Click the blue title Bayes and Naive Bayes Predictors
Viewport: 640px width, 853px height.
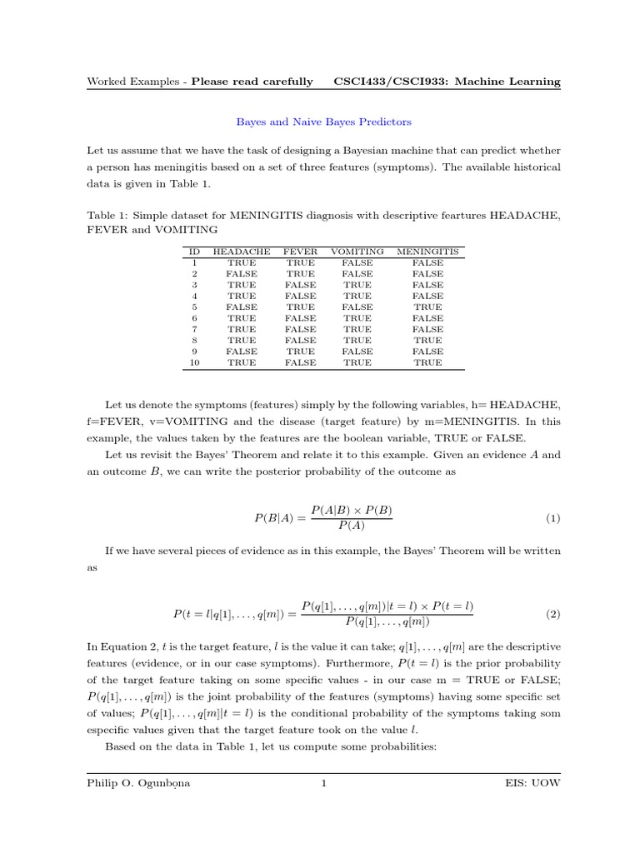coord(323,122)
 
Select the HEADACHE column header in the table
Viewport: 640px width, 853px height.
coord(242,251)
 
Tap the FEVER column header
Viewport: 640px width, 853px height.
coord(300,251)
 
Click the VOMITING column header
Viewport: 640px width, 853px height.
coord(357,251)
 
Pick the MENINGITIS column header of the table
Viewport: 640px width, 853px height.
coord(427,251)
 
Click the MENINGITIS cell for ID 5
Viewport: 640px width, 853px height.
coord(427,307)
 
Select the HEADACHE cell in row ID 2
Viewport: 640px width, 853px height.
coord(242,273)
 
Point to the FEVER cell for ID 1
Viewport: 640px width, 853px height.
coord(300,262)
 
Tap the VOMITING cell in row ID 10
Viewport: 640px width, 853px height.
coord(357,362)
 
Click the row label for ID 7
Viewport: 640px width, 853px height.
coord(194,329)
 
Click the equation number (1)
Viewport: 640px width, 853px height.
coord(552,518)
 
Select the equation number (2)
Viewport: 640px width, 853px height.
coord(552,614)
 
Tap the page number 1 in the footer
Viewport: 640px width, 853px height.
coord(323,783)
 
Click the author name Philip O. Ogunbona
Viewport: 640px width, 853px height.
coord(138,783)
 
